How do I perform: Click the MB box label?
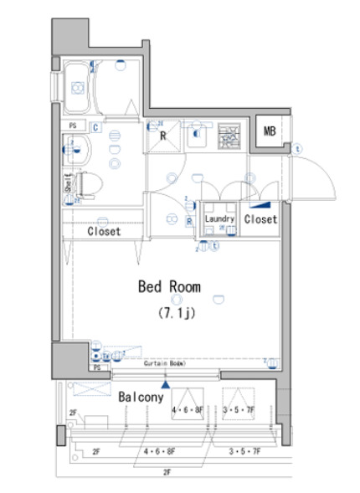point(270,131)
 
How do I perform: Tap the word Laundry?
point(219,219)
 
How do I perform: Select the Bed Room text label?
point(169,286)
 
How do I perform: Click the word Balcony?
point(140,397)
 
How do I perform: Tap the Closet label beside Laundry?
point(260,219)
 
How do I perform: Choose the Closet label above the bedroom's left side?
point(104,231)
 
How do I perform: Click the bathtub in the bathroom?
point(80,87)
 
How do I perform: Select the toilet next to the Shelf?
point(89,182)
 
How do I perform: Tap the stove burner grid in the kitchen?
point(229,136)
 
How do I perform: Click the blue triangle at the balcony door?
point(166,384)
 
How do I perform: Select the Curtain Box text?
point(162,365)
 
